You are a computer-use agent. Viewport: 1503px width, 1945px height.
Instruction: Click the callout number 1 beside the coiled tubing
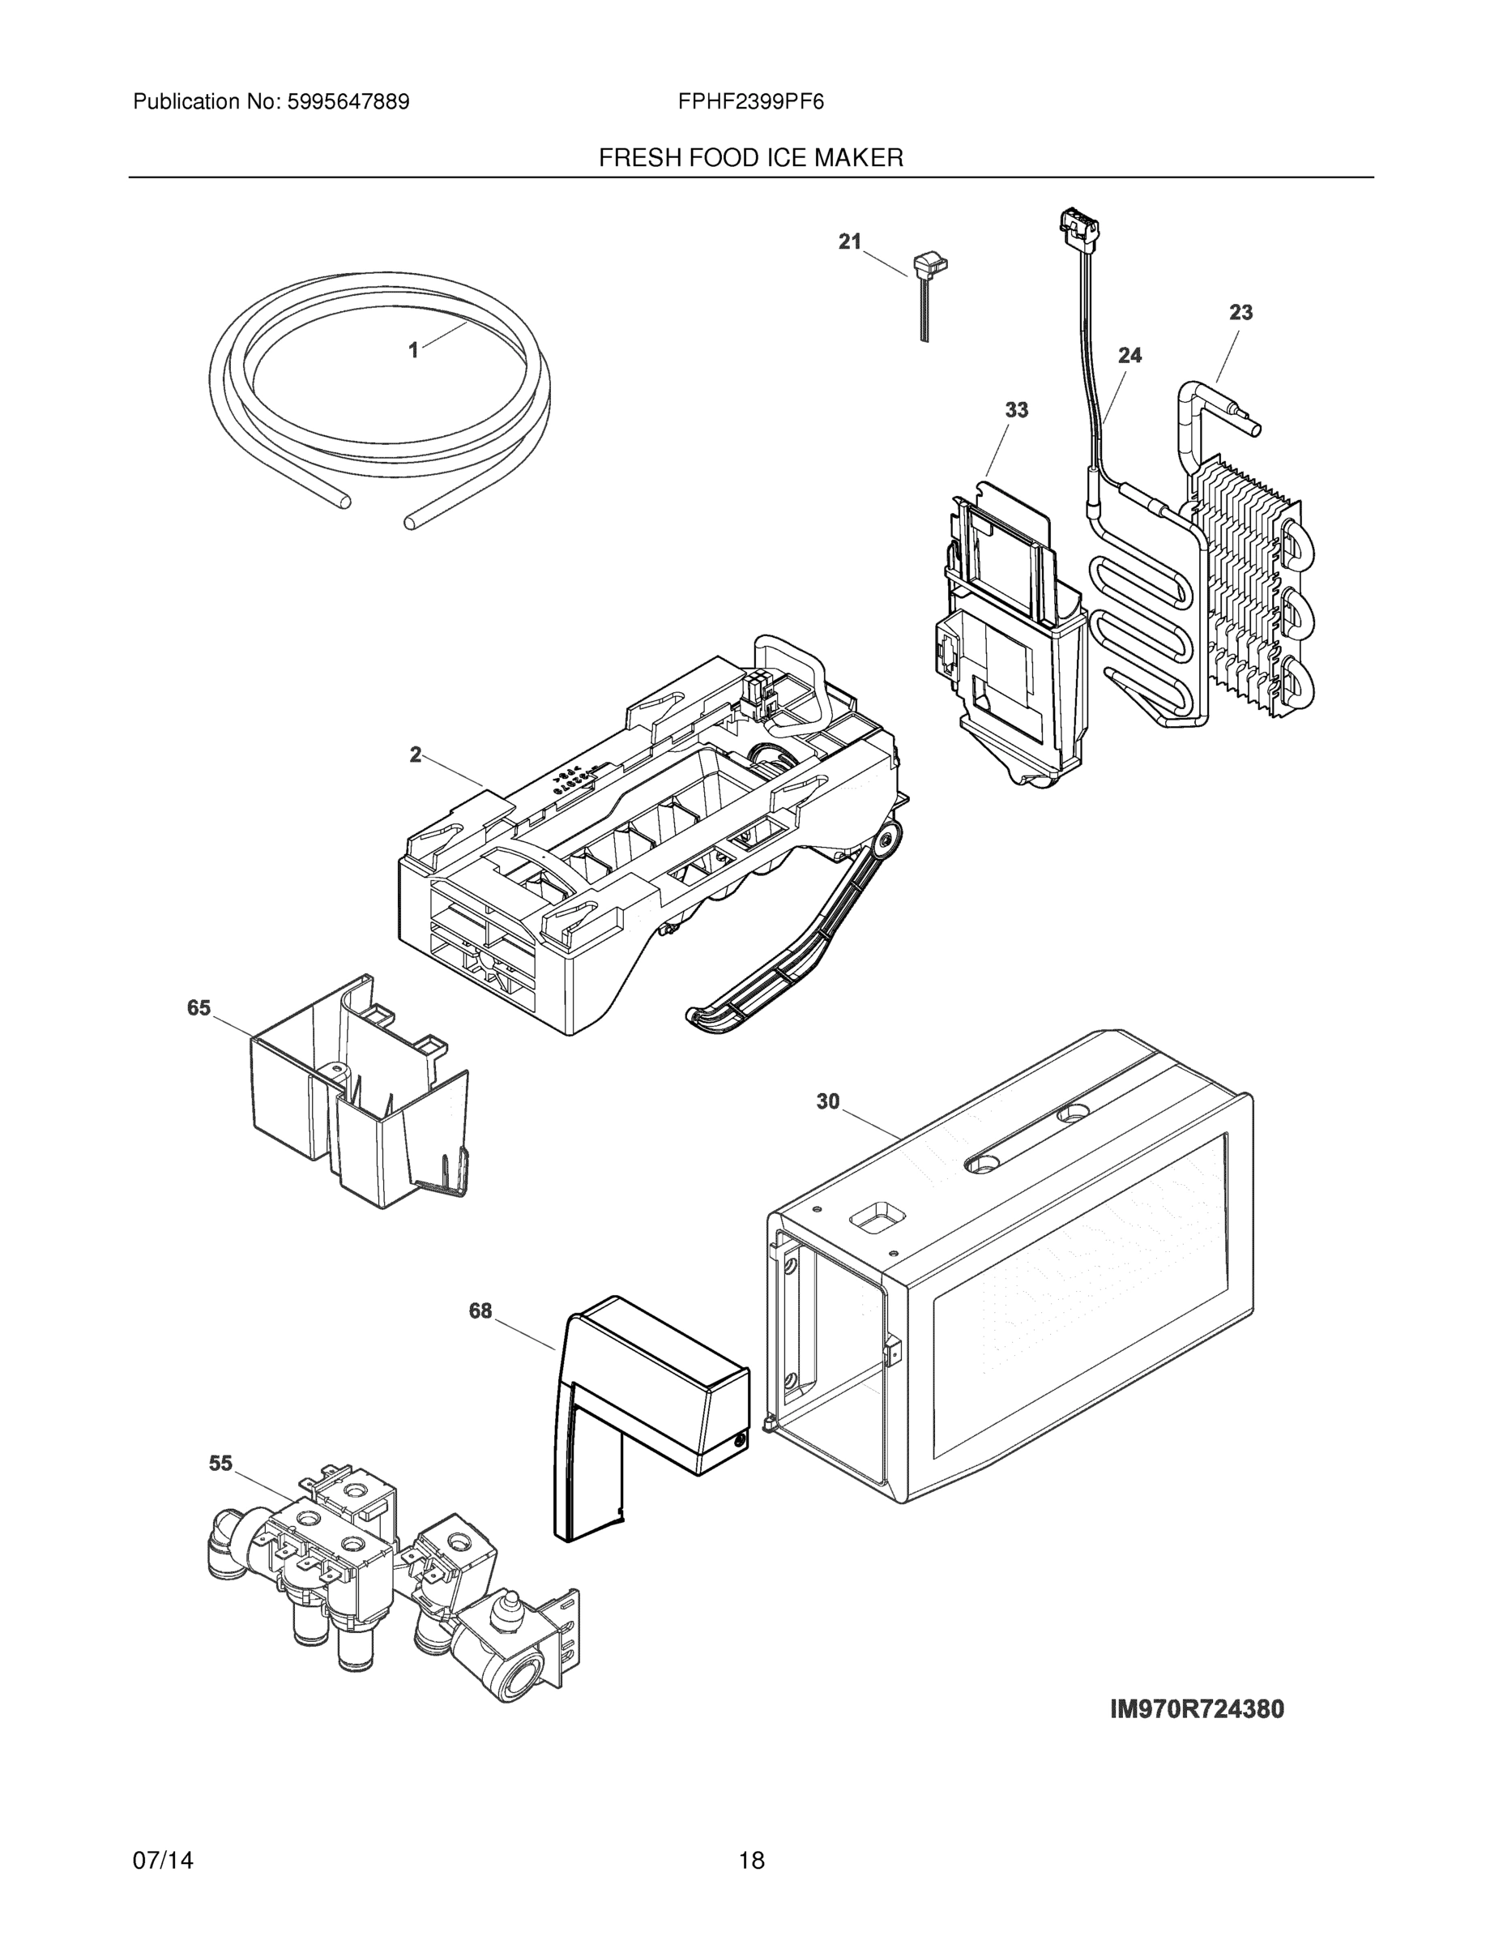[413, 351]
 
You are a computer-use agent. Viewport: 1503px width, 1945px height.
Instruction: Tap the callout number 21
[849, 242]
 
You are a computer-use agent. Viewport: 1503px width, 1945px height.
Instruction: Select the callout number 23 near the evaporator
[1240, 313]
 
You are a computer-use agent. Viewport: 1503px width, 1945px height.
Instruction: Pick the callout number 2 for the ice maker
[416, 755]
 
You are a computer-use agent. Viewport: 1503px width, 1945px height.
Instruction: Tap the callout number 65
[199, 1007]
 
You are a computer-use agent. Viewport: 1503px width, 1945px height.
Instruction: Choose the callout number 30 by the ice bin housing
[827, 1101]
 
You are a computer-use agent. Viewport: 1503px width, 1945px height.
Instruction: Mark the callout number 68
[480, 1311]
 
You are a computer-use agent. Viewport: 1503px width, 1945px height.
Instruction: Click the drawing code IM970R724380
[1197, 1709]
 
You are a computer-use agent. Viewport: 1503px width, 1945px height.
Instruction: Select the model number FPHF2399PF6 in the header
[750, 102]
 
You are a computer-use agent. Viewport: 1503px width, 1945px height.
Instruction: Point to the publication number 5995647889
[348, 102]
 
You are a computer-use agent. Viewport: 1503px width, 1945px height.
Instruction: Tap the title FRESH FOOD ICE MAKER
[750, 159]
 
